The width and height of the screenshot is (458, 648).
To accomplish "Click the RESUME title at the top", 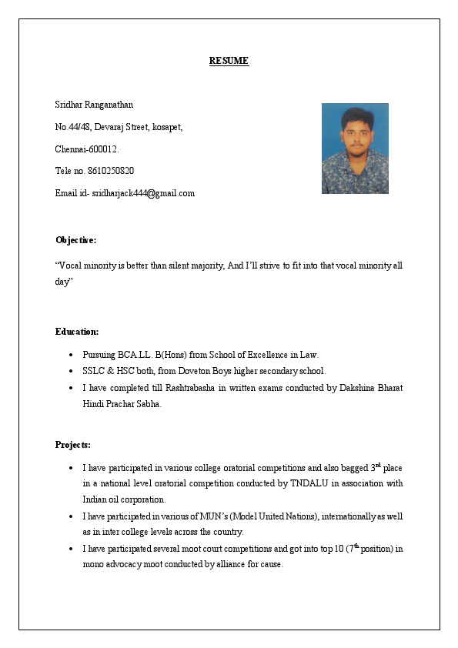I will [x=229, y=61].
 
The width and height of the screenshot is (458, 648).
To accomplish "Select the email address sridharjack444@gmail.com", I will [x=143, y=193].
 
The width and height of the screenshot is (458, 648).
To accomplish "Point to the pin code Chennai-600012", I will [x=87, y=149].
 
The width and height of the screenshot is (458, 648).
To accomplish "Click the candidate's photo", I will [x=355, y=149].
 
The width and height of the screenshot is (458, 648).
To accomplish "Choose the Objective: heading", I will [x=75, y=240].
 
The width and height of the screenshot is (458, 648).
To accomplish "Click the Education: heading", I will [x=77, y=332].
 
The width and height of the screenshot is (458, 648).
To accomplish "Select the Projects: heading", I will [x=73, y=445].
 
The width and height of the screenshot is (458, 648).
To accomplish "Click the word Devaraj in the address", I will [x=109, y=127].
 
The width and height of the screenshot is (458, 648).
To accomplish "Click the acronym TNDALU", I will [x=309, y=483].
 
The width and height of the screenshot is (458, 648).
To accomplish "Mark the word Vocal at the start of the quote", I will [x=73, y=266].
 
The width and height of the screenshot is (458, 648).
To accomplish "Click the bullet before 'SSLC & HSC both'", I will [x=71, y=371].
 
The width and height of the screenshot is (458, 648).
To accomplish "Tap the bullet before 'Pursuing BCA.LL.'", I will [x=71, y=355].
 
